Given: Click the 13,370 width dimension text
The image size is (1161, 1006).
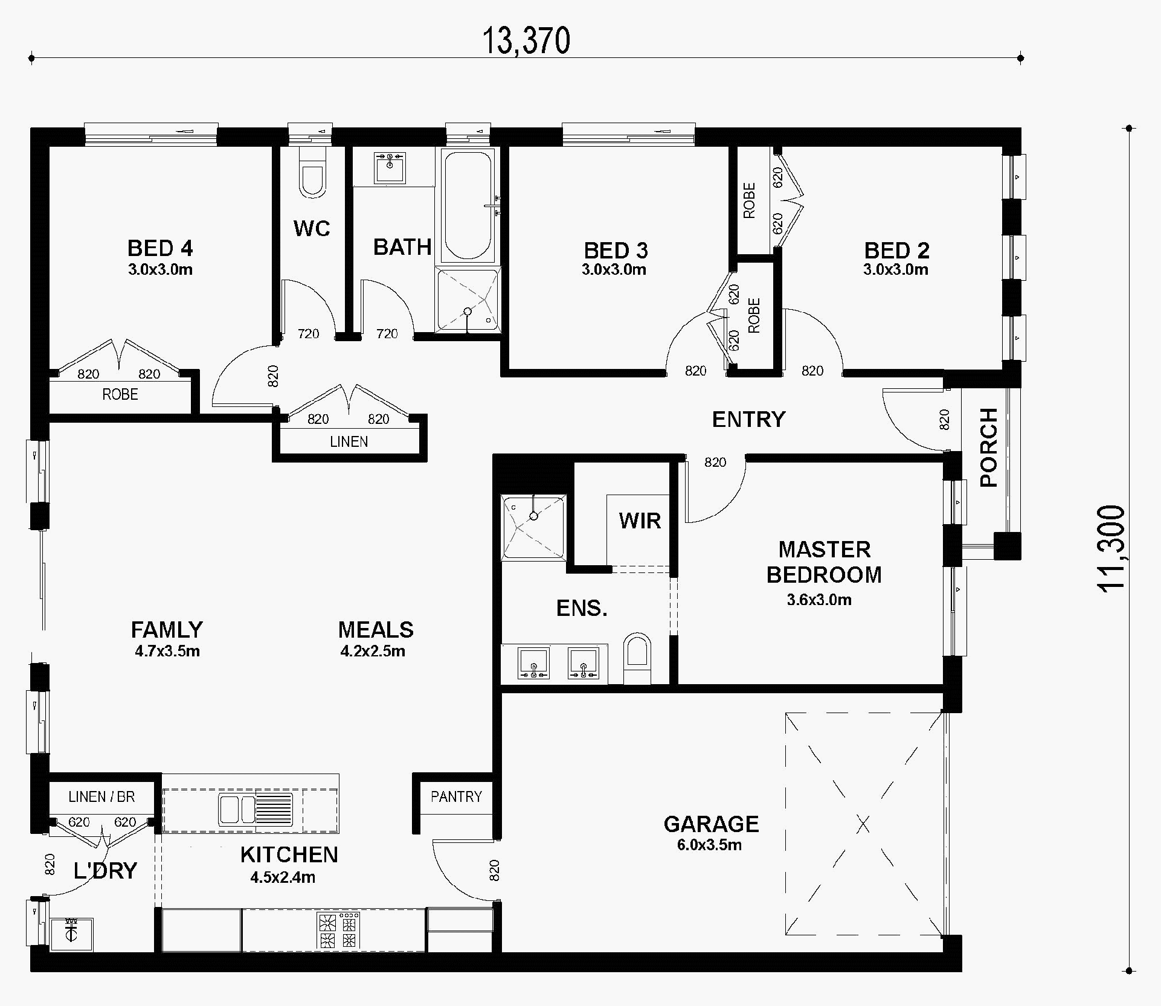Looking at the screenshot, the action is [526, 41].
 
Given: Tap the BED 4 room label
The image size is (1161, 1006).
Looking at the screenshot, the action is [160, 248].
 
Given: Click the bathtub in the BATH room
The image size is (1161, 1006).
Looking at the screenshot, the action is [468, 205].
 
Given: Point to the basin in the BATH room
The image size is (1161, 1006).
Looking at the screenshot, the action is [390, 168].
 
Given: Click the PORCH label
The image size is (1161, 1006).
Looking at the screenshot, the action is [988, 447].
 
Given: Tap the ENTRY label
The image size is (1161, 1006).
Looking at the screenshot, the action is [748, 419].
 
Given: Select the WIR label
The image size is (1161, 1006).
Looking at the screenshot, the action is [640, 521].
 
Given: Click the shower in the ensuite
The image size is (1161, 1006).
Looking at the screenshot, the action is [533, 527].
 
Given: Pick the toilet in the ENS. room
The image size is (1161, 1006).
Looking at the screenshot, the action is [637, 658].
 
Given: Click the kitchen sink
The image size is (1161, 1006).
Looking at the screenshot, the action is [256, 810].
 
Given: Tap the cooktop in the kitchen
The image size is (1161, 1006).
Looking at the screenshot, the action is [338, 931].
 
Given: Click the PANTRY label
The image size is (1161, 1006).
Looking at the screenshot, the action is [456, 796].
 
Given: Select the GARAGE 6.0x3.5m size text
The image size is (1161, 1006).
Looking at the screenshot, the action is [709, 845].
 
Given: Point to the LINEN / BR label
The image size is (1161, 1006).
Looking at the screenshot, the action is [101, 796].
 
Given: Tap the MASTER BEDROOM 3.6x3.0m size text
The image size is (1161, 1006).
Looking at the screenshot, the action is [819, 600].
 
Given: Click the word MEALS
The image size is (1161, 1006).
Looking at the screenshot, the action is [376, 630].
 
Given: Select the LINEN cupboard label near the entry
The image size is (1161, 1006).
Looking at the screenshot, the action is [349, 441].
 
